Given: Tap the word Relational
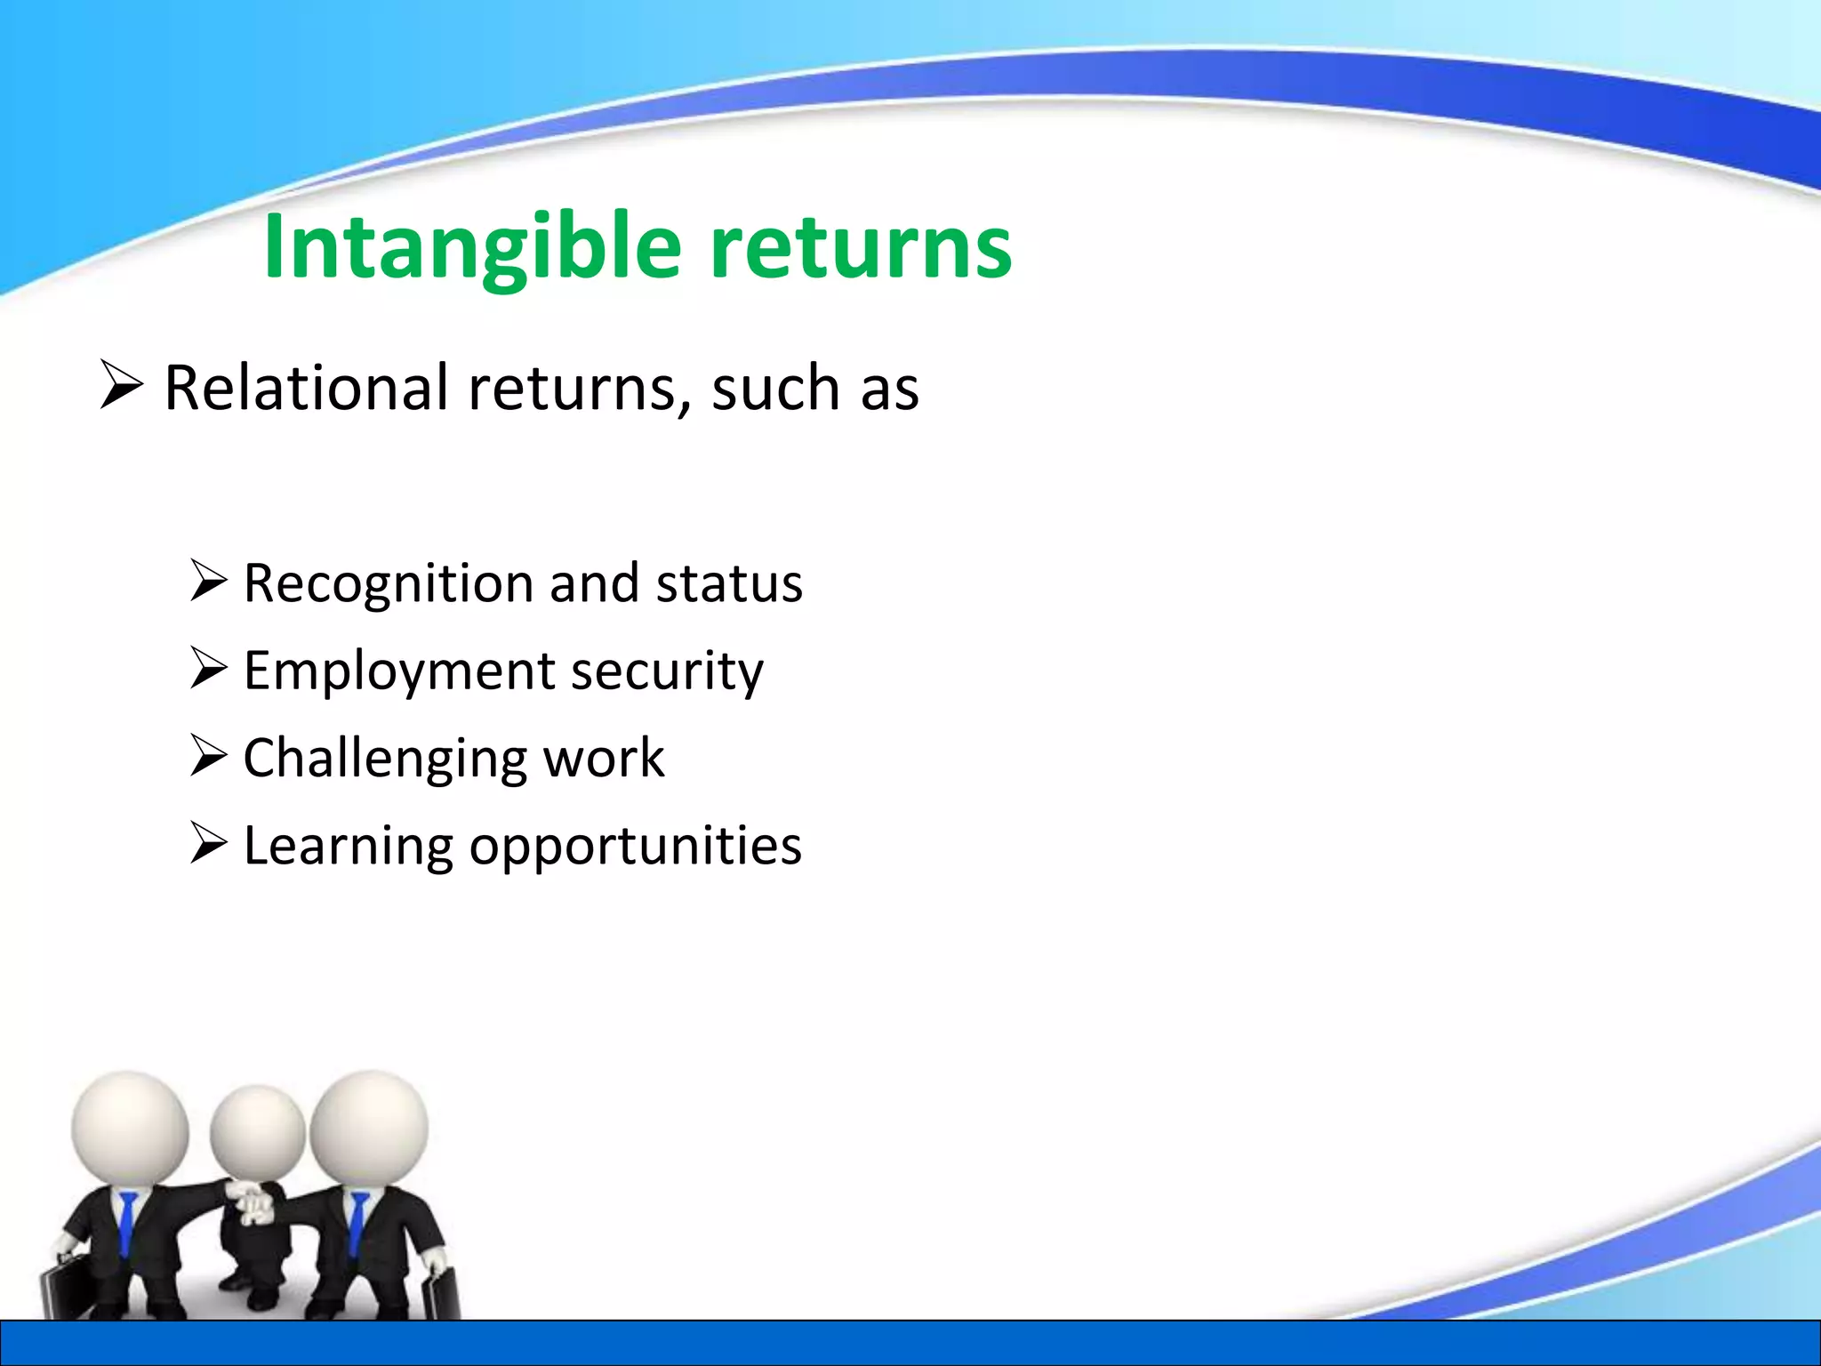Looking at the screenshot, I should [307, 389].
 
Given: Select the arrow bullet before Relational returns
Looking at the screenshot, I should [121, 384].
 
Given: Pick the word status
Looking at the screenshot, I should [728, 583].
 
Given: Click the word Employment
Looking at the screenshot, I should [397, 671].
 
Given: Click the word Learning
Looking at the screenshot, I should [348, 846].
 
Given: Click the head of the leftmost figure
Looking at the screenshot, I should [130, 1128].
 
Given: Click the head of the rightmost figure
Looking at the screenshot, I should [369, 1128].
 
